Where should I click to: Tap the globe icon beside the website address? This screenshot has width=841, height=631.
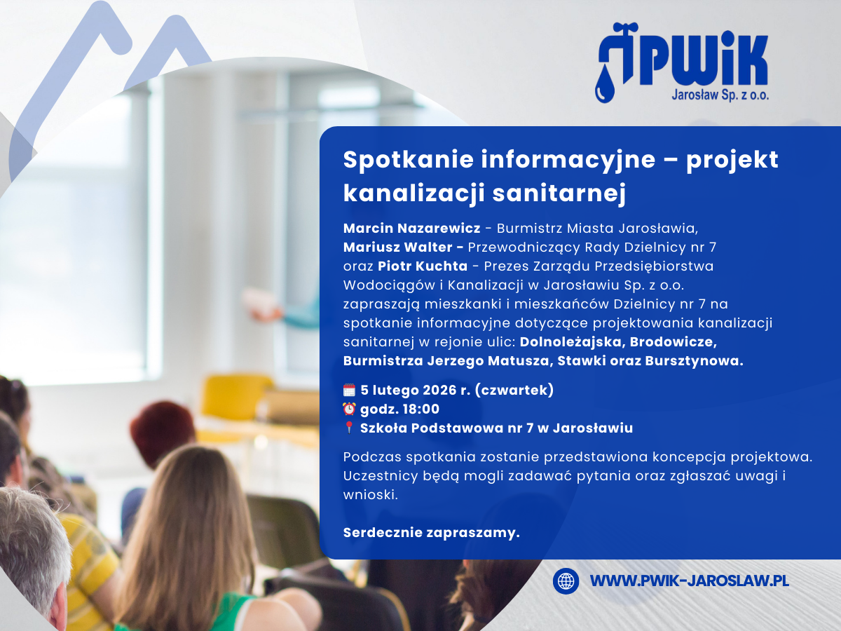tap(566, 581)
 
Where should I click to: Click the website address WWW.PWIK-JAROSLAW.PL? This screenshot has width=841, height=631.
tap(690, 581)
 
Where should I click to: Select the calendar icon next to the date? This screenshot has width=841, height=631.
tap(349, 390)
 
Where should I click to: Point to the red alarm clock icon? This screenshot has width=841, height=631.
tap(349, 409)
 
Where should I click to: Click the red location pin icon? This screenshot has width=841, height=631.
tap(349, 428)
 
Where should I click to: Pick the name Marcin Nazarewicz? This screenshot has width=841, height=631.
tap(412, 228)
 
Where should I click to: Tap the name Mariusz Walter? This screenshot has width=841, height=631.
tap(397, 247)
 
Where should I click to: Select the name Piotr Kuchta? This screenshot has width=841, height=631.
tap(423, 266)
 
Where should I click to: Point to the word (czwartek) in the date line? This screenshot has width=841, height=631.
tap(514, 390)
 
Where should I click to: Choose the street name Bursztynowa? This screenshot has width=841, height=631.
tap(694, 361)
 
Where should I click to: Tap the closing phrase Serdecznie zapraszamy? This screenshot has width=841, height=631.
tap(432, 533)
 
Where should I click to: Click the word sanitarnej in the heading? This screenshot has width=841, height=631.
tap(559, 193)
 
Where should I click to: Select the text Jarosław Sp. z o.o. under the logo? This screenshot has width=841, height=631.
tap(720, 95)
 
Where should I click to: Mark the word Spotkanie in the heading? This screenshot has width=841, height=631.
tap(409, 159)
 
